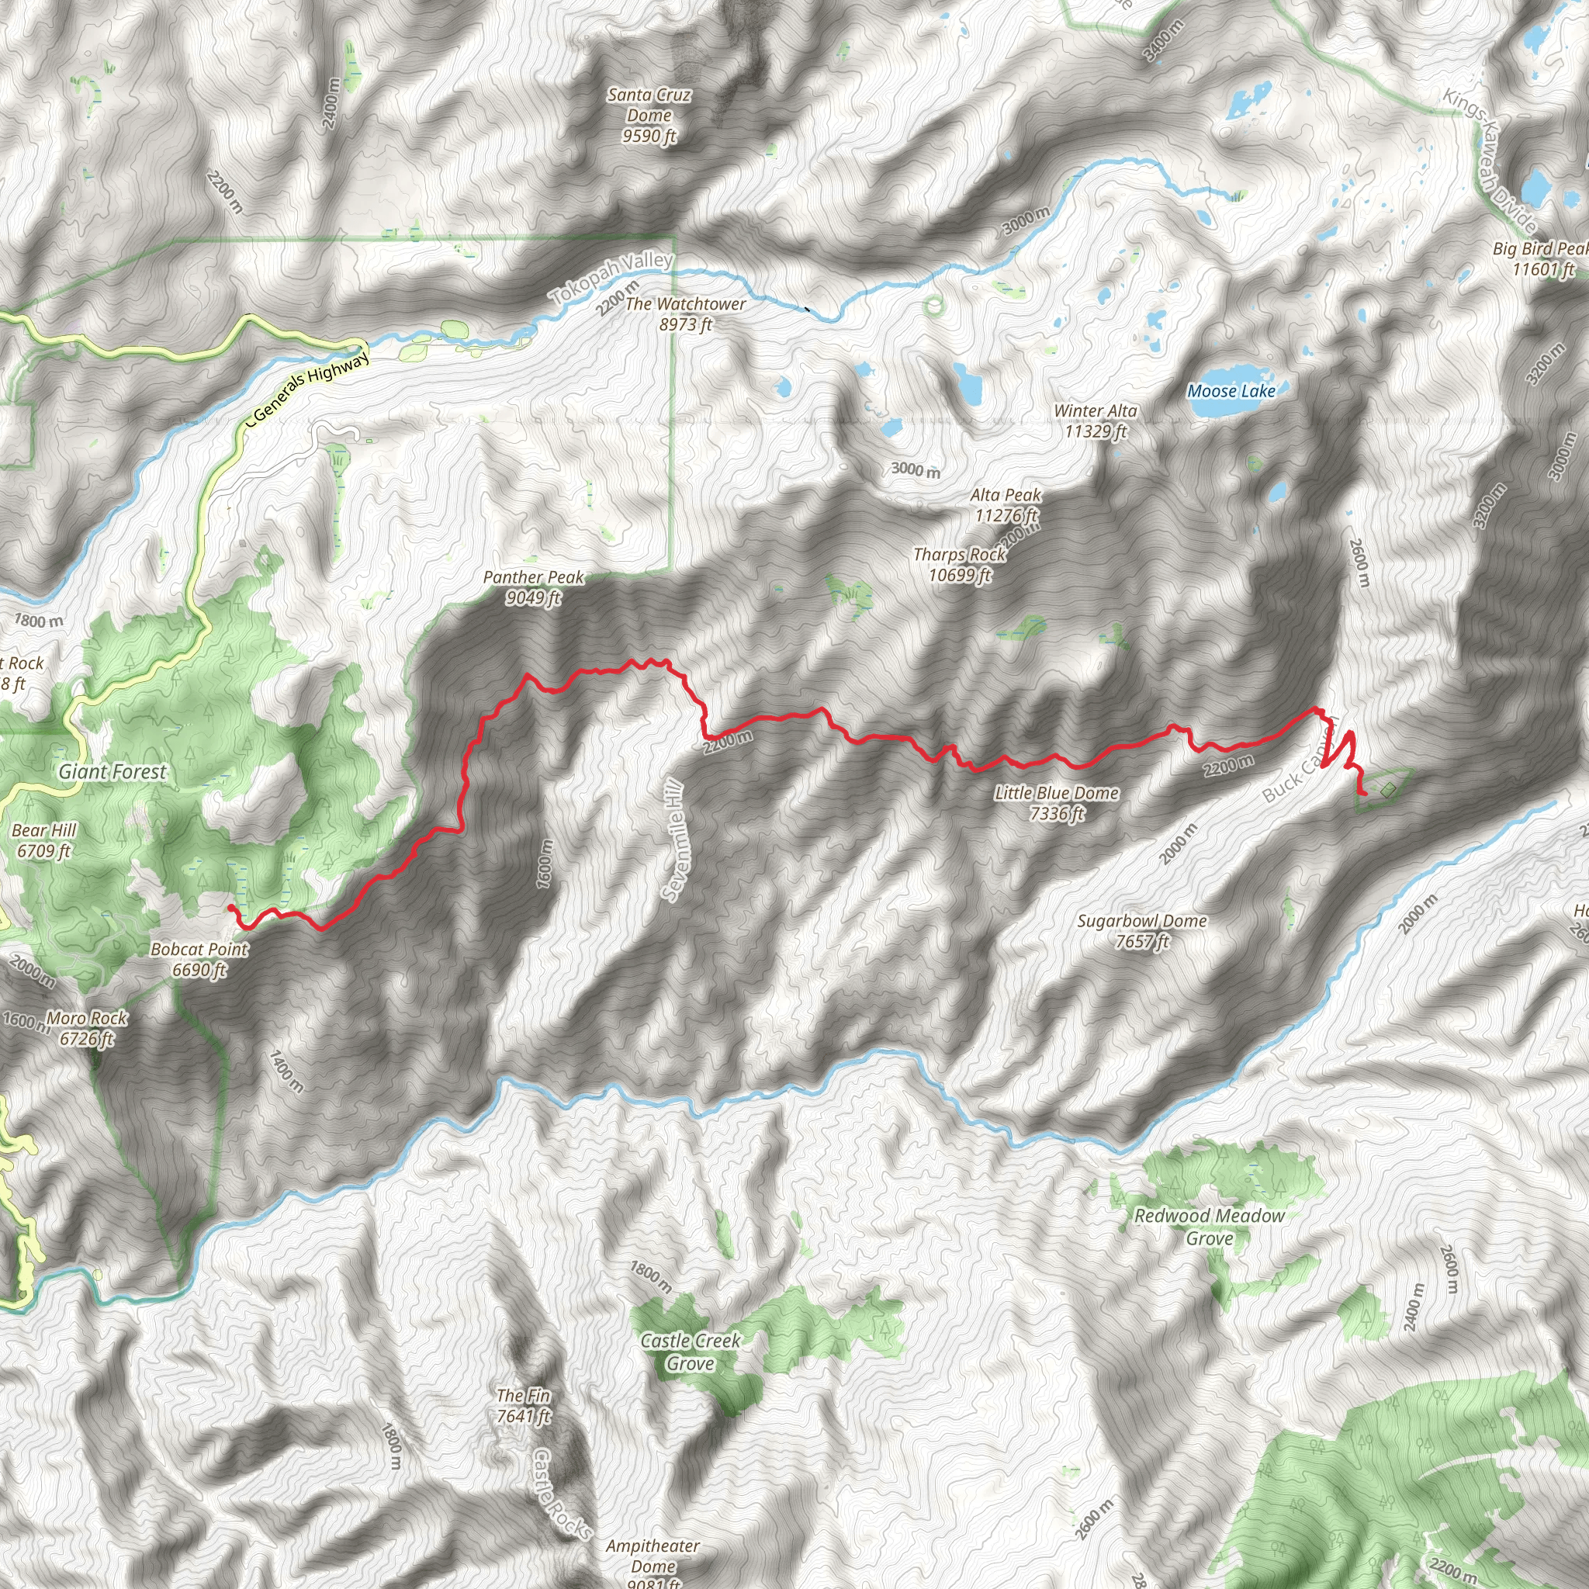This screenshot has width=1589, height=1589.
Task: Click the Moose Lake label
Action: tap(1231, 392)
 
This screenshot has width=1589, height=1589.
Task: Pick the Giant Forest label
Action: tap(113, 771)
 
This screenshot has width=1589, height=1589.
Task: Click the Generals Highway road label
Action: tap(310, 385)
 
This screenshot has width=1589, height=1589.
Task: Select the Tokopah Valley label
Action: tap(613, 277)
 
